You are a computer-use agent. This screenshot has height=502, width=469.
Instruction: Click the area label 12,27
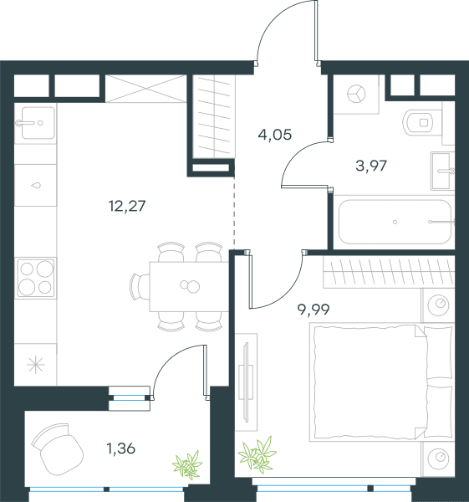(x=127, y=206)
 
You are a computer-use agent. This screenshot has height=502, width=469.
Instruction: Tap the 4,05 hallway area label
(x=275, y=135)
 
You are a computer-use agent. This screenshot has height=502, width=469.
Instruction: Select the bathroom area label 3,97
(x=371, y=166)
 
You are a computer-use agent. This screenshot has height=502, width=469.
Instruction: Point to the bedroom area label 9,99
(x=314, y=310)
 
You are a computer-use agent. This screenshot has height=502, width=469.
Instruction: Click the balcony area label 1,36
(x=121, y=448)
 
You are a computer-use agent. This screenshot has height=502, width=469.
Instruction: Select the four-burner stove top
(x=36, y=278)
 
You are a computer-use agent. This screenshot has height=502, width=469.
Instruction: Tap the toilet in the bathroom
(x=419, y=123)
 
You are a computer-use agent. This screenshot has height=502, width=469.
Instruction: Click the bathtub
(x=395, y=222)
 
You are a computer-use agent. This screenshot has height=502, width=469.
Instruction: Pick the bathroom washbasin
(x=443, y=171)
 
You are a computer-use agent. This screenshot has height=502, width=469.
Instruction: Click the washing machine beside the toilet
(x=356, y=94)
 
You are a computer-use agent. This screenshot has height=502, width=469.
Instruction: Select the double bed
(x=382, y=382)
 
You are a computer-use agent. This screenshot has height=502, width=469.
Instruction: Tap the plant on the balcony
(x=187, y=464)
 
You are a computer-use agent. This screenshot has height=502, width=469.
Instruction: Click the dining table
(x=189, y=286)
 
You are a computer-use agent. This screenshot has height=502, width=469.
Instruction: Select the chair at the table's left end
(x=140, y=286)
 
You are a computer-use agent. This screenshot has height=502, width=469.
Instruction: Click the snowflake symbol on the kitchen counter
(x=35, y=365)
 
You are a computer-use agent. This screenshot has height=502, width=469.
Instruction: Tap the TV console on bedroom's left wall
(x=246, y=382)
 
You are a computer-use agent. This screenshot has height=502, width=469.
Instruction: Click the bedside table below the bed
(x=438, y=458)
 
